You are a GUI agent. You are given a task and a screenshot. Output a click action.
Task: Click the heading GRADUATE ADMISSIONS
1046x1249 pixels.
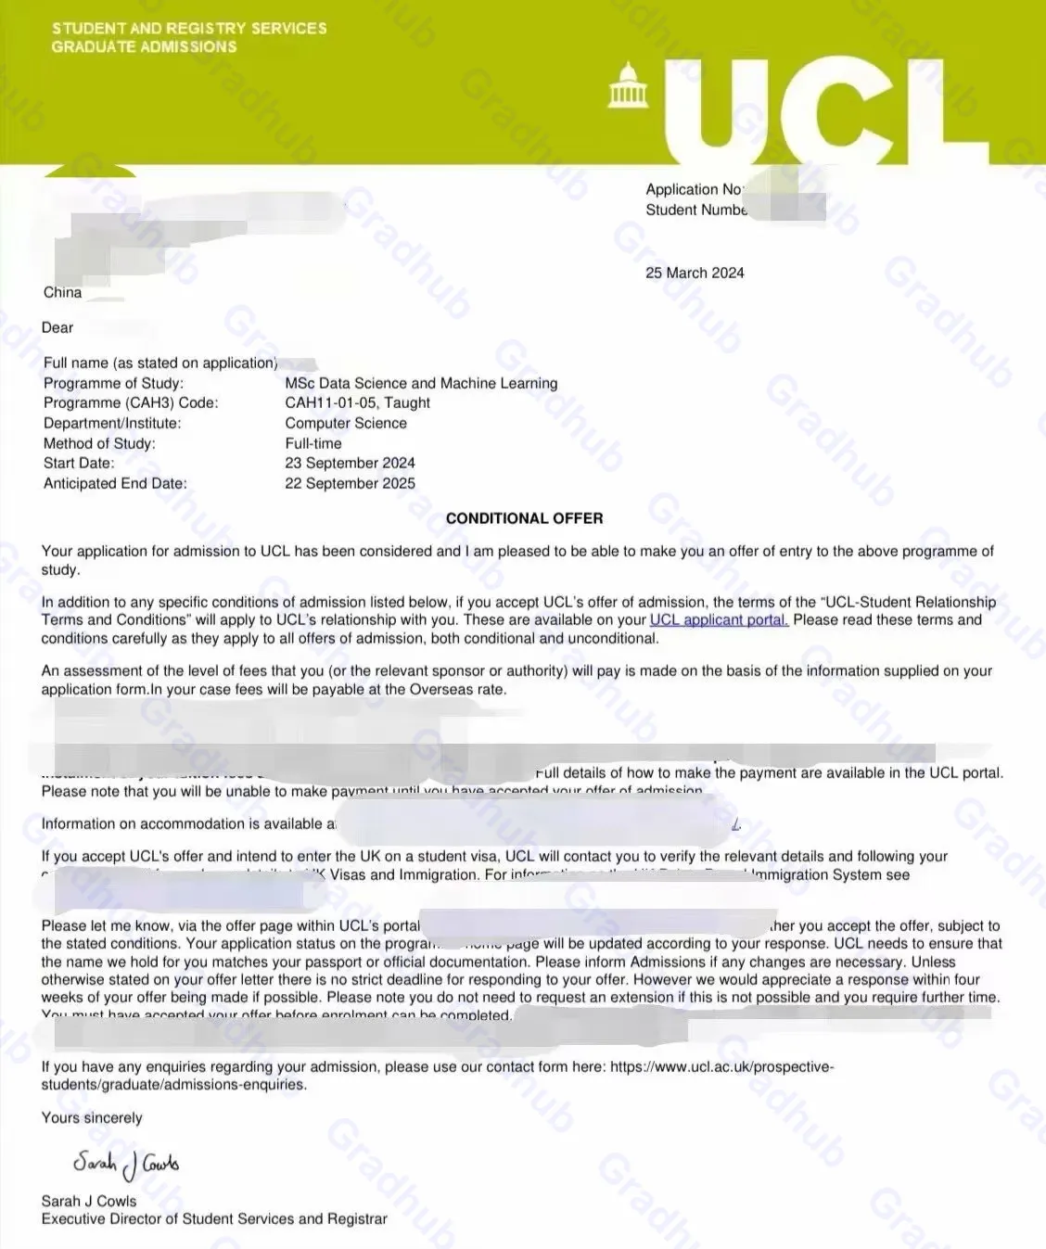click(144, 47)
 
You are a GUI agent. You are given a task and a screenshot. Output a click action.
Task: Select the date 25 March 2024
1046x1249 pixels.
click(695, 273)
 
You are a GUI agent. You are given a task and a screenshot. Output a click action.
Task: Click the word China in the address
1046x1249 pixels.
click(62, 292)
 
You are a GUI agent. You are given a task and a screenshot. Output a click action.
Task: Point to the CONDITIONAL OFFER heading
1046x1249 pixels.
click(524, 518)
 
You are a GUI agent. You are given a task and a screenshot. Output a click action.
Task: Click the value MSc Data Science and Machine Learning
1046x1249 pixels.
click(421, 383)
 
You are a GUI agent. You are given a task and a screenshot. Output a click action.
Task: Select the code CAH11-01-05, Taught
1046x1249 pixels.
click(357, 402)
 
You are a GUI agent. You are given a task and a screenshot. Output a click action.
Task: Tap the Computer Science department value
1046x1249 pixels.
click(346, 423)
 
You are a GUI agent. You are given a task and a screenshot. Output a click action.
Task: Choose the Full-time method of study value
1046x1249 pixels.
click(313, 443)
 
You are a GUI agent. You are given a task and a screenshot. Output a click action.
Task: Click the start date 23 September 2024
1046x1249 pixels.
click(350, 463)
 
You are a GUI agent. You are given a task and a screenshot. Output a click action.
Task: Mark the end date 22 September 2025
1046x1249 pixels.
click(350, 483)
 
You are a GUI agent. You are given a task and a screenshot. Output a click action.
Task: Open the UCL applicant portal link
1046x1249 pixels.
click(719, 620)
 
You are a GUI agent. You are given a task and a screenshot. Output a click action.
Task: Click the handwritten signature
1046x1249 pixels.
click(126, 1164)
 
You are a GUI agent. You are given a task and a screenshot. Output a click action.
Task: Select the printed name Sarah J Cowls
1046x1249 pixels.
click(89, 1201)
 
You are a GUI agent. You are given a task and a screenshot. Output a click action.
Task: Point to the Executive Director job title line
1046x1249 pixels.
click(214, 1218)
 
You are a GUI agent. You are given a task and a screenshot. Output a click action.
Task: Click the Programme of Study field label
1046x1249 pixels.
click(113, 383)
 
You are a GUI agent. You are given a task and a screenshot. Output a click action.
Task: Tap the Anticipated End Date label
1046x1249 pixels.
click(115, 483)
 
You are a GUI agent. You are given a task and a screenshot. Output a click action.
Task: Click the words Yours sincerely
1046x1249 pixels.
click(92, 1117)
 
